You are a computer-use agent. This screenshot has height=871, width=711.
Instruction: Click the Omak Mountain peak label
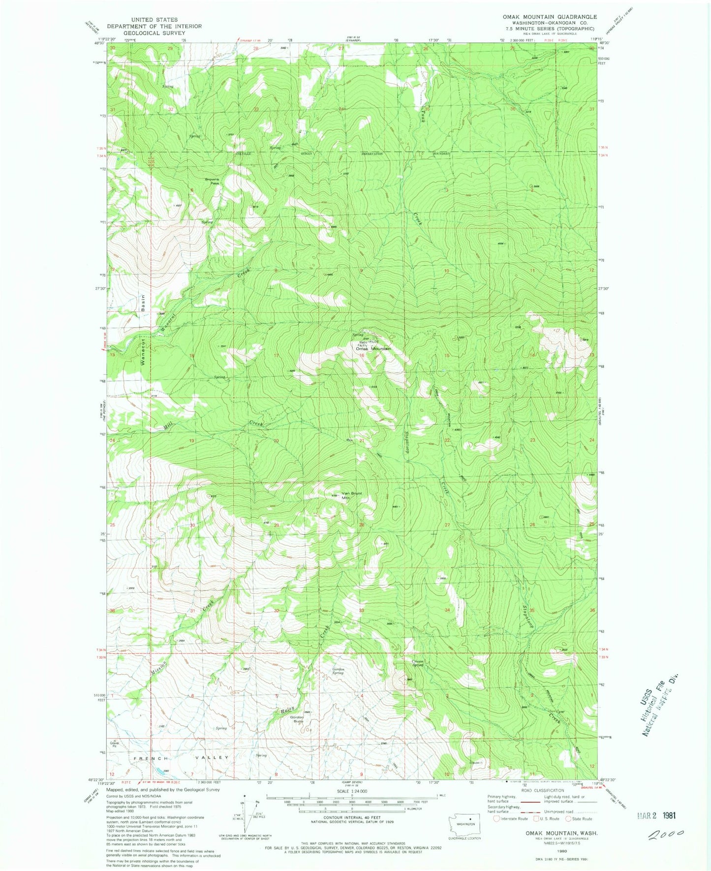pos(373,349)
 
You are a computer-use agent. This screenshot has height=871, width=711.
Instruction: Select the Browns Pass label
pos(212,181)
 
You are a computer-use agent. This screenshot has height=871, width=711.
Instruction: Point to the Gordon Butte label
pos(297,719)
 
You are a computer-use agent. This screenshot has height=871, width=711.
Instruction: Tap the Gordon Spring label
pos(338,671)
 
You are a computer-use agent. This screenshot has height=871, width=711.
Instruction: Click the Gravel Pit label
pos(114,744)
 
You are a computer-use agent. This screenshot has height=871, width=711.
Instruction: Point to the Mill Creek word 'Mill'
pos(168,427)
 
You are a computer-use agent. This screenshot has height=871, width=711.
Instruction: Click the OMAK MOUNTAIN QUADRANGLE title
pos(549,17)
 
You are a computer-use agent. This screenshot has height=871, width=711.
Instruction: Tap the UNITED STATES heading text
pos(154,20)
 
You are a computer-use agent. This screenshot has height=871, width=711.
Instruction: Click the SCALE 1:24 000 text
pos(351,805)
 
